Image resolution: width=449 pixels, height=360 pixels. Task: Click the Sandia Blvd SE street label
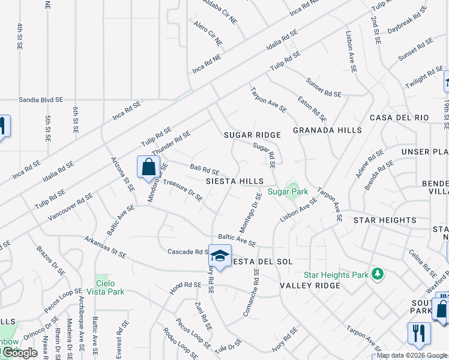tap(39, 100)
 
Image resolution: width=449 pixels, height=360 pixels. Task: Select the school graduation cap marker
tap(220, 256)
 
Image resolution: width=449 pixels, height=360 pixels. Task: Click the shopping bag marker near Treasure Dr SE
tap(148, 167)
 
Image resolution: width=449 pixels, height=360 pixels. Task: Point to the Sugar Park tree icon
tap(294, 191)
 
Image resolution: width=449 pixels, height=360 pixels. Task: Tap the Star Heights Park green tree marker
tap(378, 274)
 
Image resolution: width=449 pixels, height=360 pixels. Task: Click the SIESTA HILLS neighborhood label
tap(235, 181)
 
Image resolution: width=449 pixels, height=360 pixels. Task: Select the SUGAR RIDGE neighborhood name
tap(253, 135)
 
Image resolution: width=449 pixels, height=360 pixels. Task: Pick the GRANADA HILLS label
tap(327, 130)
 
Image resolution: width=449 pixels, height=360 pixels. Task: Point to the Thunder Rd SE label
tap(171, 143)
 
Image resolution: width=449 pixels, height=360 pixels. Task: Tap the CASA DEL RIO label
tap(399, 118)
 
